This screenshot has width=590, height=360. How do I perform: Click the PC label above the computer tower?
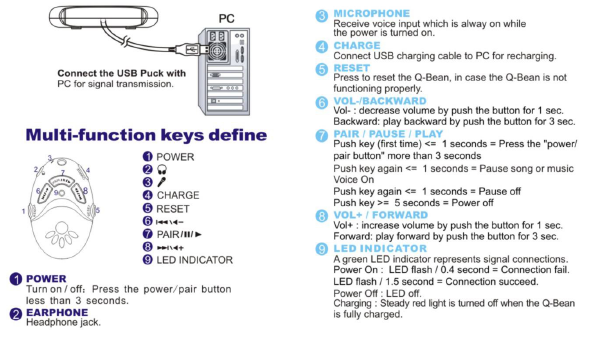coord(227,18)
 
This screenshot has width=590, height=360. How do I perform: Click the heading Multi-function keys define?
coord(146,135)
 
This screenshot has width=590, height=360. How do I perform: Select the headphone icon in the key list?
coord(162,169)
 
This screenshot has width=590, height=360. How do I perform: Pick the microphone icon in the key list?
coord(162,182)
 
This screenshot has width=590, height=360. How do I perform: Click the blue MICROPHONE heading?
coord(372,14)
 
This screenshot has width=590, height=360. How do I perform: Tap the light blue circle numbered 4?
coord(322,47)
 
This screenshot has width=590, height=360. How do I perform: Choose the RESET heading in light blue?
coord(351,68)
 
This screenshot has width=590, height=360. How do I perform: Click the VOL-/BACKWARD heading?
coord(380,101)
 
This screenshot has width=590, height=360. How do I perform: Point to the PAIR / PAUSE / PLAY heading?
coord(388,134)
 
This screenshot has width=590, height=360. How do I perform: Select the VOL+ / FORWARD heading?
coord(381,215)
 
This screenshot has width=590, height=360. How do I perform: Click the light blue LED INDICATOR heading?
coord(380,248)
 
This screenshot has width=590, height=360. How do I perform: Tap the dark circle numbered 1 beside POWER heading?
coord(16,279)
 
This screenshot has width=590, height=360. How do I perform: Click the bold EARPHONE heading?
coord(57,312)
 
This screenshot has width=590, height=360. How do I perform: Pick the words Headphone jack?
coord(63,322)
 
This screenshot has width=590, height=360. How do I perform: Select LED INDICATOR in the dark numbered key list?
coord(195,260)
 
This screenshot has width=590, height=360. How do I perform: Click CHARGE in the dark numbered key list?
coord(178,195)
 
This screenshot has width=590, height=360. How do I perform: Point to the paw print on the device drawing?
coord(62,235)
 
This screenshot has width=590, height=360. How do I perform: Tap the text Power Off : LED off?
coord(377,293)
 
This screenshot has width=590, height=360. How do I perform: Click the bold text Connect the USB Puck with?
coord(122,73)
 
